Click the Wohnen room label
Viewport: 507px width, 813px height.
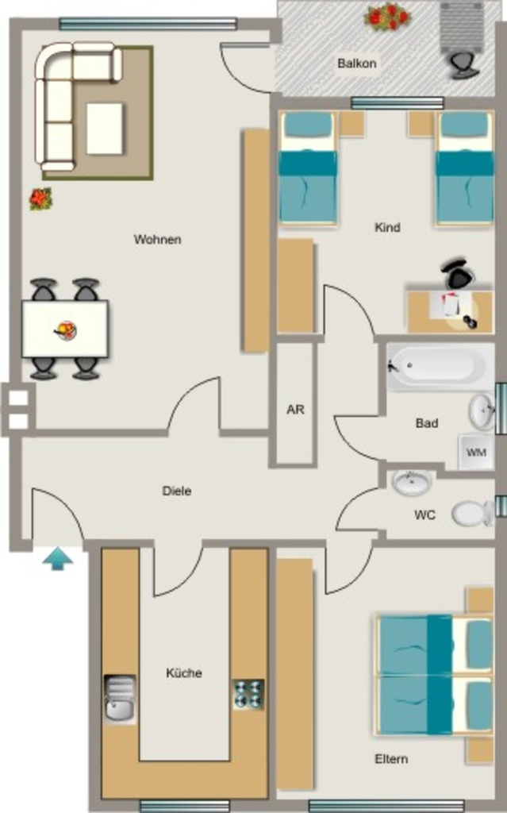pyautogui.click(x=158, y=240)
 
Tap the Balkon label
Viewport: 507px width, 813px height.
pyautogui.click(x=357, y=64)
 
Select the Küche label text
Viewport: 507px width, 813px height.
pyautogui.click(x=184, y=673)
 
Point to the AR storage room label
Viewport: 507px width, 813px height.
pyautogui.click(x=295, y=410)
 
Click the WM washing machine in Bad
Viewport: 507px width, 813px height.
pyautogui.click(x=476, y=452)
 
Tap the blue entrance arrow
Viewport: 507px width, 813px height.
pyautogui.click(x=58, y=559)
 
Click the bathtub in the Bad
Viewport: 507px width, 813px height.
pyautogui.click(x=440, y=365)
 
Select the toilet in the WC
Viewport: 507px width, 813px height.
pyautogui.click(x=473, y=514)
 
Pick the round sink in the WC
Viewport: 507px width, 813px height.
pyautogui.click(x=412, y=483)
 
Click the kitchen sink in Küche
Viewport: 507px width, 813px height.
pyautogui.click(x=121, y=698)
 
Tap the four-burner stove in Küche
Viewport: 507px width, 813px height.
pyautogui.click(x=248, y=694)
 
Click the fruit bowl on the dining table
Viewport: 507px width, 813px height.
pyautogui.click(x=66, y=329)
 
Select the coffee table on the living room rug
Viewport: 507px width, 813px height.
pyautogui.click(x=106, y=129)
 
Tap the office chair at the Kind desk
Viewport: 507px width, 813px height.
pyautogui.click(x=459, y=272)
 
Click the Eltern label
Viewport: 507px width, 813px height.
pyautogui.click(x=391, y=759)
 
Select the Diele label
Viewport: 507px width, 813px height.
pyautogui.click(x=177, y=491)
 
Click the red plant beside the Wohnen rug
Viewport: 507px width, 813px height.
pyautogui.click(x=40, y=199)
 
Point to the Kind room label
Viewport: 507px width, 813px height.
pyautogui.click(x=387, y=227)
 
